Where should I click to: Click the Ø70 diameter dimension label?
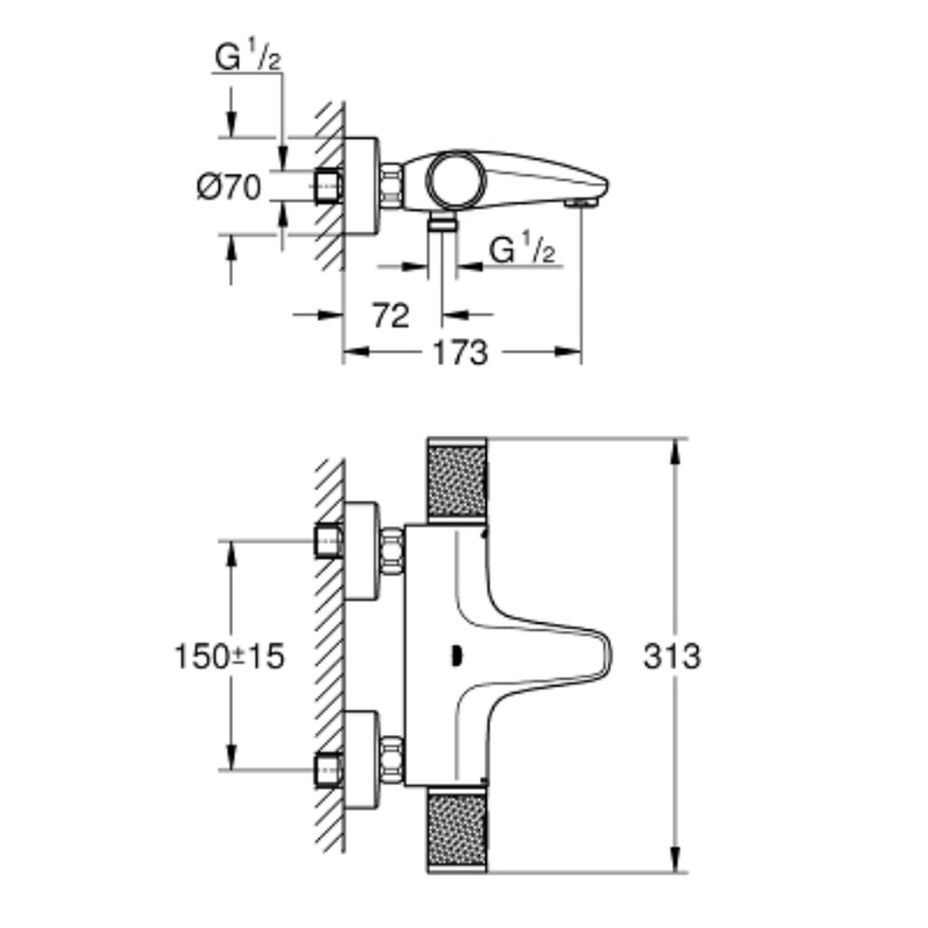(x=228, y=187)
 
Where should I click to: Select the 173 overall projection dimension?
(x=460, y=354)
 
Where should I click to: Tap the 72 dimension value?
(x=391, y=316)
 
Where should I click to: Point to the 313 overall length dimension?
(x=672, y=656)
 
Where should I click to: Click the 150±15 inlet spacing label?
(x=229, y=656)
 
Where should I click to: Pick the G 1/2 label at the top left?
(x=248, y=57)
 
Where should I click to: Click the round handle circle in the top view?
(x=456, y=180)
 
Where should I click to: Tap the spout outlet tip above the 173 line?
(x=581, y=203)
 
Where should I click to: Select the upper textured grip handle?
(x=457, y=481)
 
